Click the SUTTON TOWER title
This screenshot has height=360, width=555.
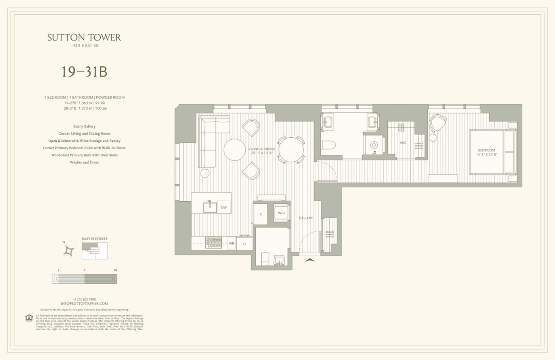84,38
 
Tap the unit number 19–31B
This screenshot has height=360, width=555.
84,72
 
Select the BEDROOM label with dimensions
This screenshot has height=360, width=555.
486,152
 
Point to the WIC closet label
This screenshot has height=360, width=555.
403,143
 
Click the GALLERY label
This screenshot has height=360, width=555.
306,218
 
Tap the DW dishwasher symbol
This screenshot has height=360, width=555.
224,208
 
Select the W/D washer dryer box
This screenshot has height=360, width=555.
281,213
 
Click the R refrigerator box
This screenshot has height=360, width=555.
260,214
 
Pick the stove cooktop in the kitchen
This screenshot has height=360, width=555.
213,243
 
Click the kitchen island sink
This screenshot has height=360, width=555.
210,207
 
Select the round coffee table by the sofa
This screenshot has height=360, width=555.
234,150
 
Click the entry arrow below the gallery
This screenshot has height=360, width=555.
310,260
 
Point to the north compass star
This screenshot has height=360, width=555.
69,251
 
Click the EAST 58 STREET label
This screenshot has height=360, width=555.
94,239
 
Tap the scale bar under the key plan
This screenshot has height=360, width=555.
84,279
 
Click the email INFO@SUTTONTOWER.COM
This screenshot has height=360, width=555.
84,303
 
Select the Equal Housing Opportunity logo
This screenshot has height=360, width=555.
29,318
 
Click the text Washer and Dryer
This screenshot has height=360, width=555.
84,162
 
